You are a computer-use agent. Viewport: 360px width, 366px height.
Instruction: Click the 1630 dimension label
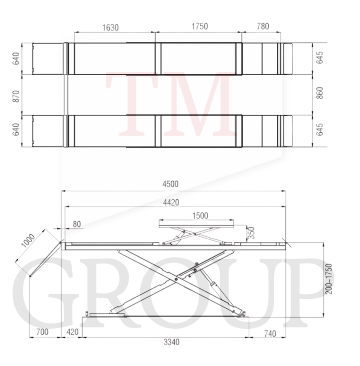[110, 27]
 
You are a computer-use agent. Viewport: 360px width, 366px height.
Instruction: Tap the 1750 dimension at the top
[200, 26]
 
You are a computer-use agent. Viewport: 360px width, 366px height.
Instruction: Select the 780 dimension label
[263, 26]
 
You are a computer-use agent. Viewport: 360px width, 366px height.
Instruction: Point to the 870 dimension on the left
[16, 96]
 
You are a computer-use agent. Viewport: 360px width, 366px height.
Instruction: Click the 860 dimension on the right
[320, 93]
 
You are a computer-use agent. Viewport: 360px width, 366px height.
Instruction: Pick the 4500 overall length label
[170, 184]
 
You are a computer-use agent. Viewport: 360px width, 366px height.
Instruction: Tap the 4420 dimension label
[171, 203]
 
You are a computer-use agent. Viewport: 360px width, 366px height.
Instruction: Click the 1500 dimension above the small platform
[200, 215]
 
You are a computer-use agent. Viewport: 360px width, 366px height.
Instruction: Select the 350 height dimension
[251, 233]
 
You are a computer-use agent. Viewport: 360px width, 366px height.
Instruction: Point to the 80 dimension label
[77, 224]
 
